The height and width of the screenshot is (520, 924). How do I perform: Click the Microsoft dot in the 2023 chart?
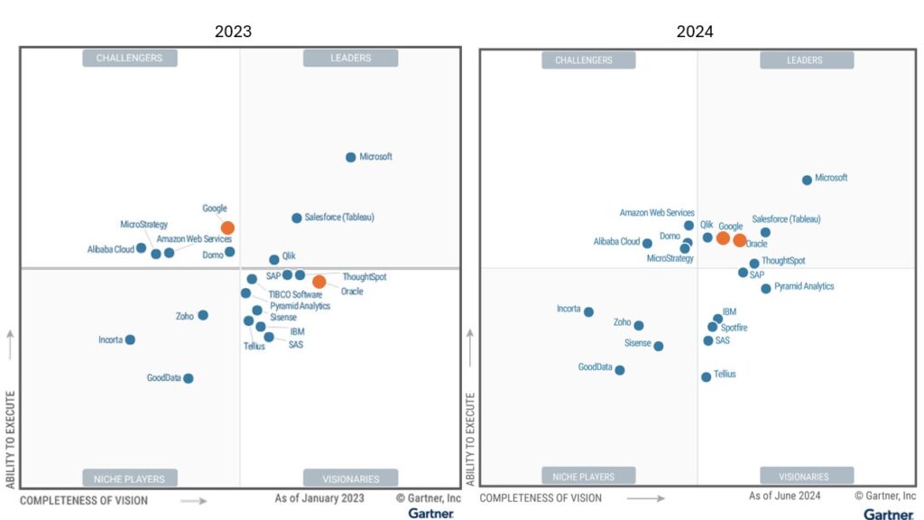tap(351, 157)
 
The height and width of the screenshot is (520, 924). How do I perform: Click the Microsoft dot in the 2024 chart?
tap(807, 180)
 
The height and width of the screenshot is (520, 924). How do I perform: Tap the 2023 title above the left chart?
tap(233, 32)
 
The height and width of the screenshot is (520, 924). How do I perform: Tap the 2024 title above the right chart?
tap(695, 32)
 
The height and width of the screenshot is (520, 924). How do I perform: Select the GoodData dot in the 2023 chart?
tap(189, 378)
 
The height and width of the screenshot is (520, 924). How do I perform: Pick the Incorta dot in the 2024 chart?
tap(588, 312)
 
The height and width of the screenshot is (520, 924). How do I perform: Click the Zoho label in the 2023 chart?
tap(185, 316)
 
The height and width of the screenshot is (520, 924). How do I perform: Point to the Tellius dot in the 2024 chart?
tap(707, 377)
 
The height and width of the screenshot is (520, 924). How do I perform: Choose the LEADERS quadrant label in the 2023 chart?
tap(350, 59)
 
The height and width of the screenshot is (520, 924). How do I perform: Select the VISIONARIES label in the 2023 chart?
tap(350, 478)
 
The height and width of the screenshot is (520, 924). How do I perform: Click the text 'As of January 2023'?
tap(319, 498)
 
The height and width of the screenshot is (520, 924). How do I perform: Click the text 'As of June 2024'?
tap(784, 497)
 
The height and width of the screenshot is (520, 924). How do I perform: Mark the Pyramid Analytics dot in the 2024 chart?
tap(766, 289)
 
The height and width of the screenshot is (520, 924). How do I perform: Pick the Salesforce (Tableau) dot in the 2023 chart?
tap(297, 218)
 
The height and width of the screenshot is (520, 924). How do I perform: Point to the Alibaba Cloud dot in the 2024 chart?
tap(647, 243)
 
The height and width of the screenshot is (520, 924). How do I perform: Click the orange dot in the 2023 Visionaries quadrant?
tap(319, 282)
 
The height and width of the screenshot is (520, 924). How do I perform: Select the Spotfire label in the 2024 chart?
tap(734, 328)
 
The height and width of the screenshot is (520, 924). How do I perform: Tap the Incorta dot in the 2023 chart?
tap(130, 339)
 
